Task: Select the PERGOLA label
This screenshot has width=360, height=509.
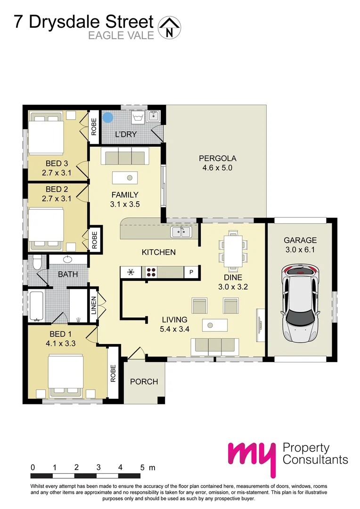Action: (x=217, y=158)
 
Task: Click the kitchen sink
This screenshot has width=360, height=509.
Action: (x=181, y=231)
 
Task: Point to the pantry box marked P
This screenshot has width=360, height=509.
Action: (x=192, y=272)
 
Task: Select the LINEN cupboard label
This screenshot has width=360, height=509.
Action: (x=93, y=306)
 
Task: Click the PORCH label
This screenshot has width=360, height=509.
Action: (x=144, y=381)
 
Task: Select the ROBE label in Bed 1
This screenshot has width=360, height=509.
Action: (x=113, y=373)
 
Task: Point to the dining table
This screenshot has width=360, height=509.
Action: (x=232, y=249)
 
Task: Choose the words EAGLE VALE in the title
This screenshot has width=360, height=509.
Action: (x=121, y=35)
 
